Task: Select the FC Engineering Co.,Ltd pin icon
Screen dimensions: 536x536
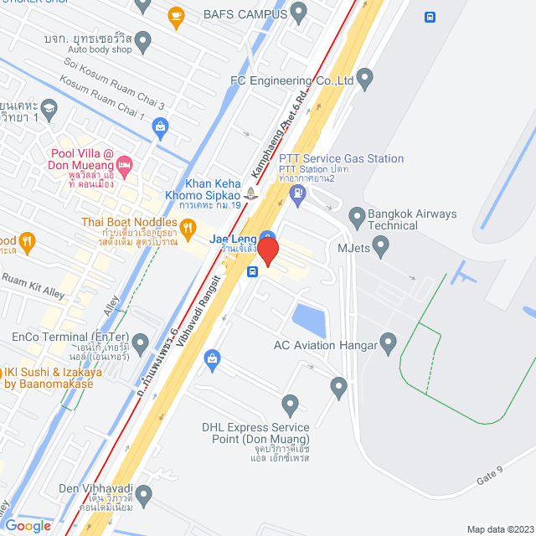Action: point(364,80)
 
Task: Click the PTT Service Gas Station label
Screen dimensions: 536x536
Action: point(341,158)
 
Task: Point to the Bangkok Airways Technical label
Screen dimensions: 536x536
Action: point(412,219)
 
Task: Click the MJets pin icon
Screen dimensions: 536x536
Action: point(382,247)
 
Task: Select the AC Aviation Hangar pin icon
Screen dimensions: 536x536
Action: point(388,343)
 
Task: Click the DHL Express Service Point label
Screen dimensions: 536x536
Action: point(255,433)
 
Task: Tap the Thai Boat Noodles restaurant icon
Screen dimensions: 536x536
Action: point(188,225)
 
